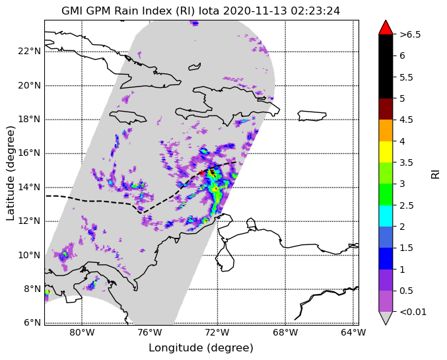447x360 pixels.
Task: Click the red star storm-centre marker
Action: [x=201, y=172]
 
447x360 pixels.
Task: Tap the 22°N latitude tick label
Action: [x=29, y=52]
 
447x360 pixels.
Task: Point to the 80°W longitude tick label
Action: [x=82, y=332]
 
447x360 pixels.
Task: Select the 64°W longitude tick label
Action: [x=353, y=332]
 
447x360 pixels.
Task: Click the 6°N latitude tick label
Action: [x=32, y=322]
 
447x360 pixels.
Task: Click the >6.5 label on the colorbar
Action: [x=410, y=34]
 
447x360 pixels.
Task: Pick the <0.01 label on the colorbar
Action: [x=413, y=312]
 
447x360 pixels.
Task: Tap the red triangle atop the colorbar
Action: [x=386, y=28]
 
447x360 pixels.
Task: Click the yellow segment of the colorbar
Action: [x=386, y=152]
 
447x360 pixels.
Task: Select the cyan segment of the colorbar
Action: [x=386, y=216]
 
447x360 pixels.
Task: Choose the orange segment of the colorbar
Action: [x=386, y=130]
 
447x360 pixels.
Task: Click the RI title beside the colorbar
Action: [x=435, y=173]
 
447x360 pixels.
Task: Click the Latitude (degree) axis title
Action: [x=10, y=173]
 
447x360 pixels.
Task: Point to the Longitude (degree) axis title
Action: [x=201, y=348]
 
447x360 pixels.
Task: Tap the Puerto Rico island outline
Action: [x=312, y=116]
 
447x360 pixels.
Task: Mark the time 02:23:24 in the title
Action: [x=316, y=11]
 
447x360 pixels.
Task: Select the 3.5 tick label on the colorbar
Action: [x=407, y=162]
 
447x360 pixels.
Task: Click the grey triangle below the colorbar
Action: [x=386, y=318]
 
